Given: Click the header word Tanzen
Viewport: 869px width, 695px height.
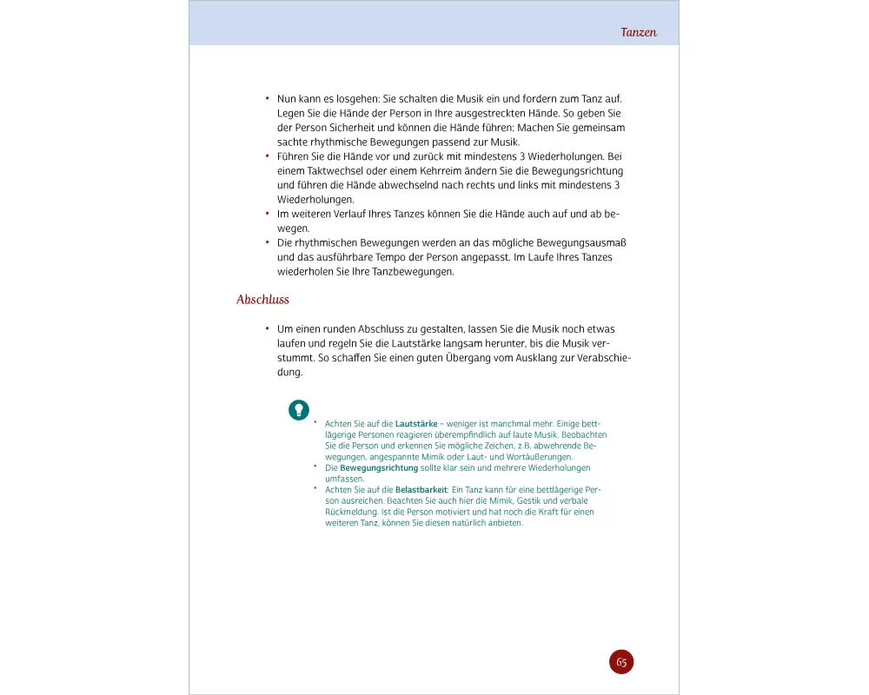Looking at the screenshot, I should click(x=639, y=32).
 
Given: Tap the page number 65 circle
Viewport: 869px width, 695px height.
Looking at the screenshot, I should click(x=621, y=662).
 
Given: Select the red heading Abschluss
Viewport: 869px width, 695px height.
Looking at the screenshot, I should click(x=262, y=300).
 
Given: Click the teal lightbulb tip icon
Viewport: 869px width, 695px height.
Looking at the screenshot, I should click(x=298, y=408).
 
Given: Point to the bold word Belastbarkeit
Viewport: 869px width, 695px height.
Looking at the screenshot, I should click(x=422, y=490).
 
